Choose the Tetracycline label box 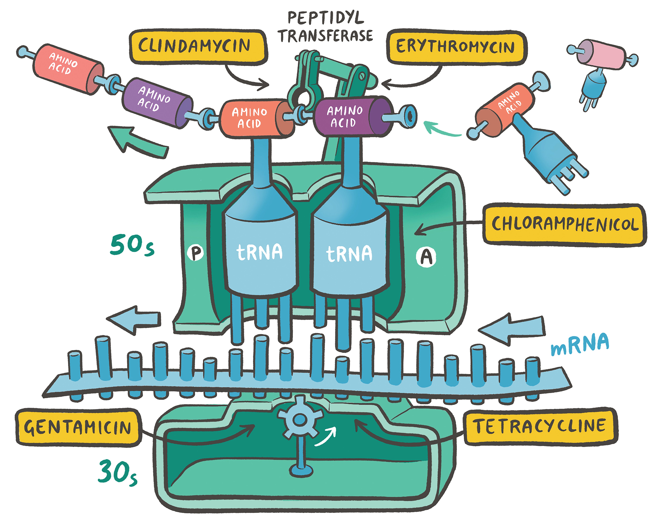pos(540,426)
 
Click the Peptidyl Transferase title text pos(325,27)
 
